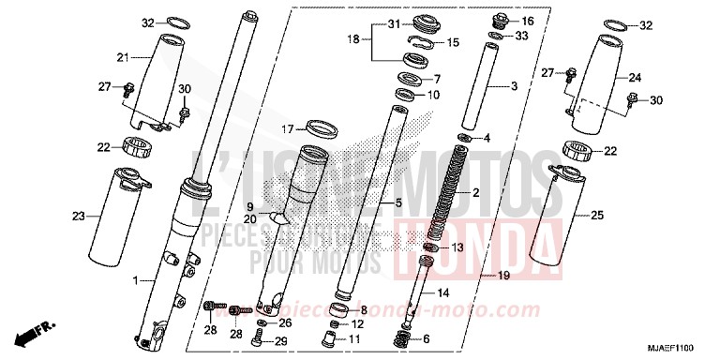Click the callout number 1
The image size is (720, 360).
click(x=136, y=281)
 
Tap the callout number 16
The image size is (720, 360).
click(x=526, y=21)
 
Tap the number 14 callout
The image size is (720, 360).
click(x=443, y=293)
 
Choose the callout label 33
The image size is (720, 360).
click(x=522, y=37)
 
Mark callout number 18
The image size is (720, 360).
click(x=352, y=39)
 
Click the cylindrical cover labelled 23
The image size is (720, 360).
click(x=115, y=216)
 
